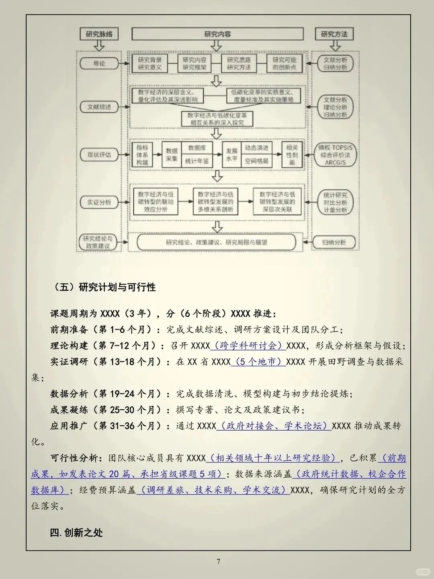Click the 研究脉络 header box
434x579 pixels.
click(x=99, y=34)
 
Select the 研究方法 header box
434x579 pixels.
click(x=334, y=34)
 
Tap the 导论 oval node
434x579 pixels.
click(x=99, y=64)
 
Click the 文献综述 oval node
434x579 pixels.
click(x=99, y=107)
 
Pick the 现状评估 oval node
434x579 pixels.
click(x=99, y=154)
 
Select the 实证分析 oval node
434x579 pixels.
click(x=99, y=202)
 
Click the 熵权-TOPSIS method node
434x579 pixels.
click(x=335, y=155)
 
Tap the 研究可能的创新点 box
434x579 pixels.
click(x=284, y=64)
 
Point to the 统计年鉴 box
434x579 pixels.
click(x=197, y=161)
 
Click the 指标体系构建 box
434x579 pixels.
click(x=142, y=155)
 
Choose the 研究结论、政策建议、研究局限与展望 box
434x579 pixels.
click(x=216, y=242)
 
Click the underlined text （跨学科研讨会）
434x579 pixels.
click(x=248, y=345)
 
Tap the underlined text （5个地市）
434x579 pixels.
click(x=258, y=361)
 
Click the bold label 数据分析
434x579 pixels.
click(x=69, y=394)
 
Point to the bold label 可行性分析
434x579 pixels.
click(x=74, y=458)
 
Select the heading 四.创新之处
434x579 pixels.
click(x=76, y=533)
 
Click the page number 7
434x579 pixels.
click(x=218, y=561)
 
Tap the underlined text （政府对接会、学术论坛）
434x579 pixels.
click(x=274, y=426)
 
